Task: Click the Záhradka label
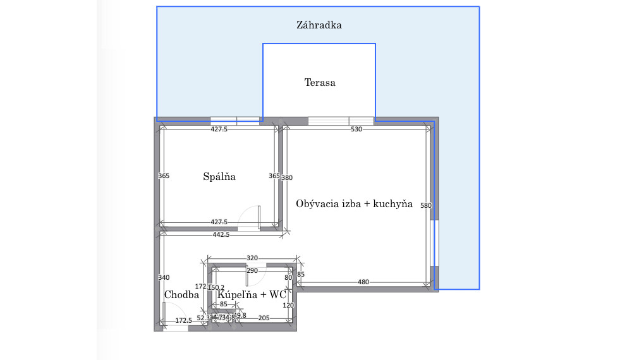[319, 26]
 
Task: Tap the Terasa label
[320, 83]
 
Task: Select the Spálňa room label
[219, 177]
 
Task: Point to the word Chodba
[181, 295]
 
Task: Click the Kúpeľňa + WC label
[252, 295]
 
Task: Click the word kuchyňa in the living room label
[393, 204]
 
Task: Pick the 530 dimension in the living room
[356, 129]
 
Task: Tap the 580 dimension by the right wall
[426, 205]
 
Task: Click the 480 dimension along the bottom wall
[363, 282]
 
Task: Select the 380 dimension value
[287, 177]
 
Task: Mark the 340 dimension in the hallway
[164, 277]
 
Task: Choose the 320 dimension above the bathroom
[252, 258]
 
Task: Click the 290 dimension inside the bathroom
[252, 270]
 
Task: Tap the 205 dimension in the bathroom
[264, 318]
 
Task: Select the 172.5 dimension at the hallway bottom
[183, 321]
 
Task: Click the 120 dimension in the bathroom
[289, 305]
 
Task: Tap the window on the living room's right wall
[434, 243]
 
